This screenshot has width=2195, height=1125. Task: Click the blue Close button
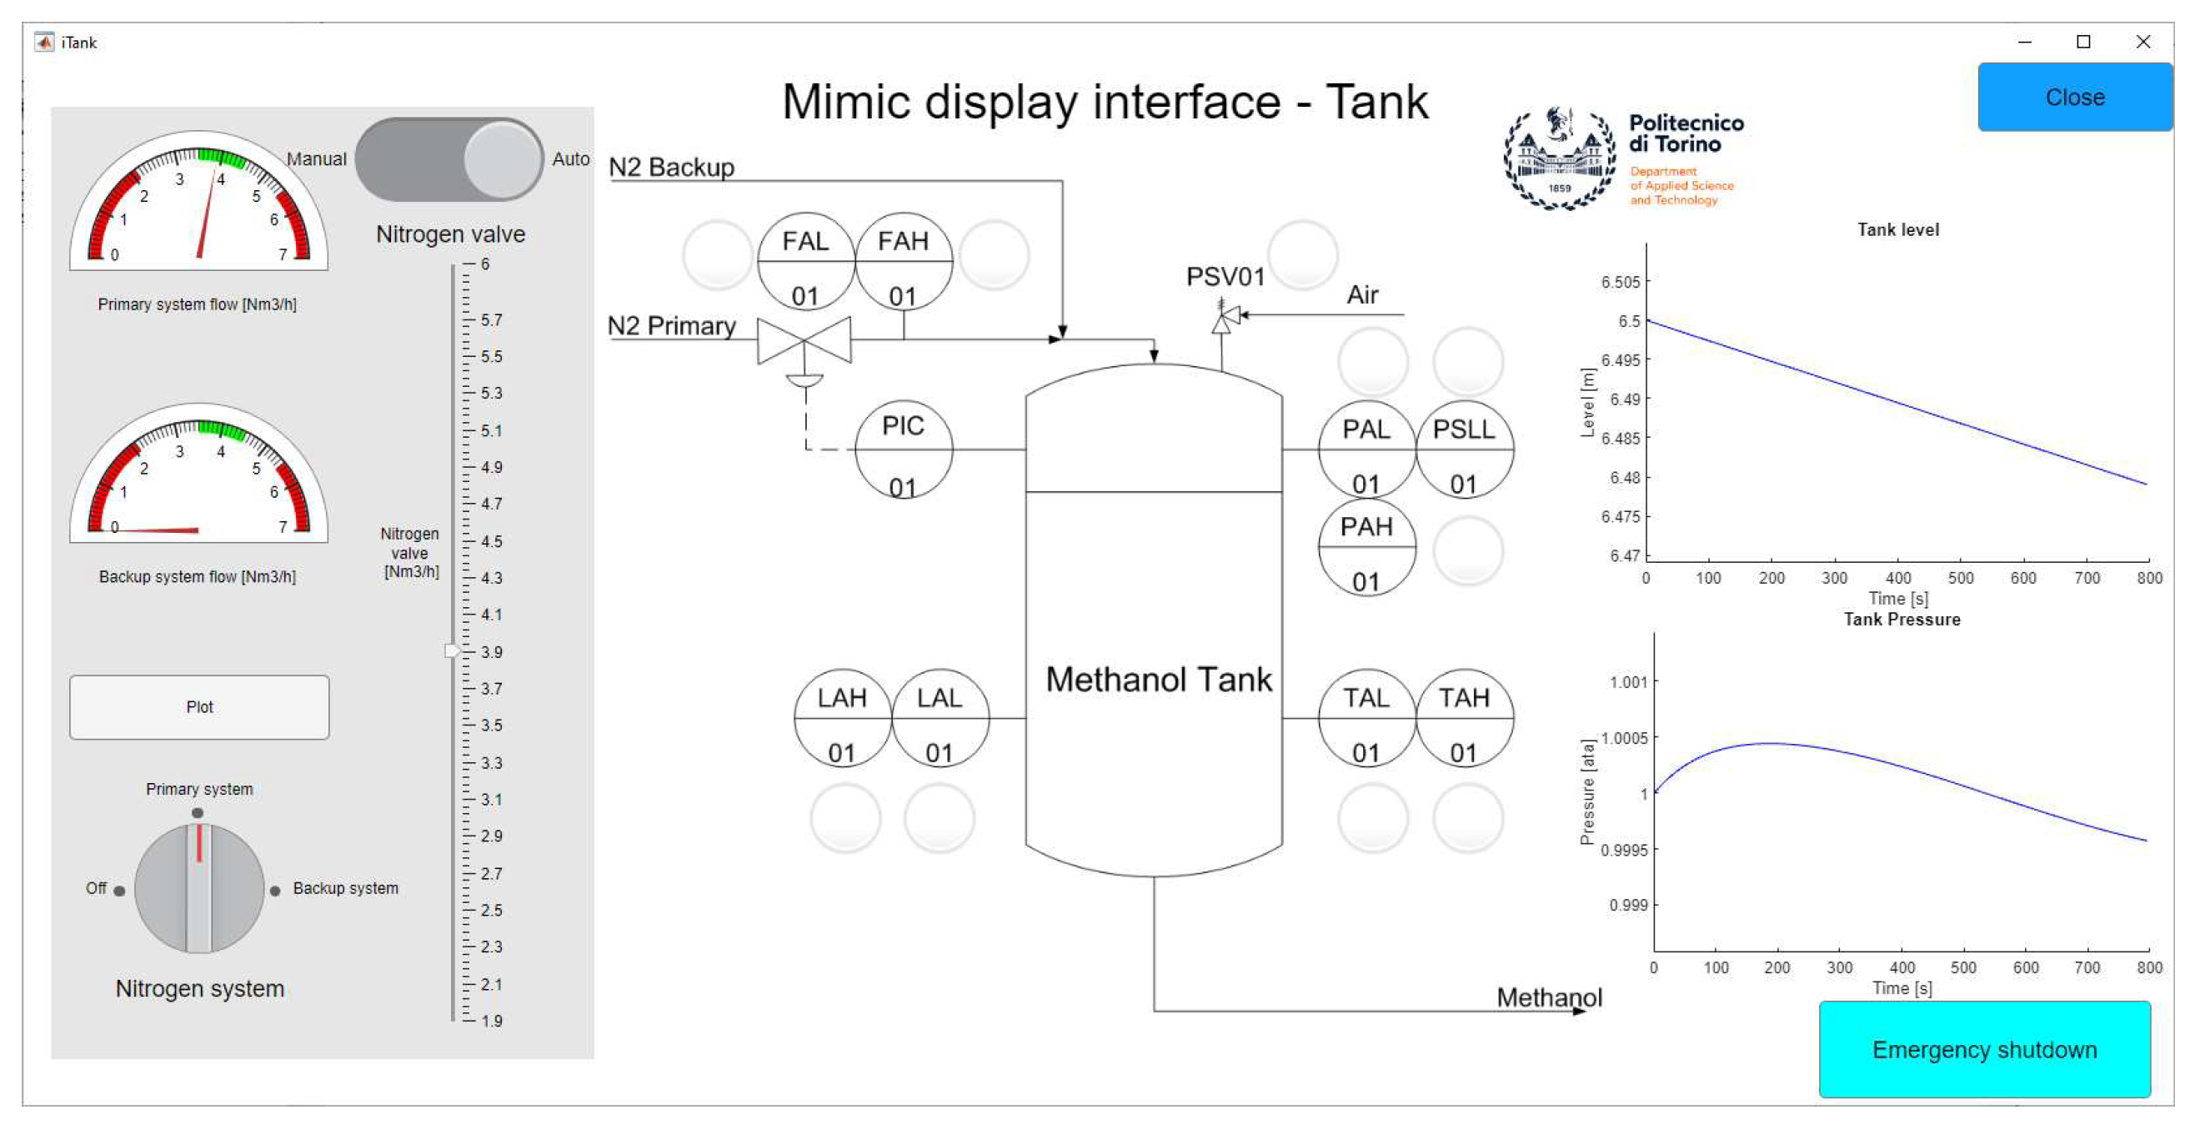pos(2074,98)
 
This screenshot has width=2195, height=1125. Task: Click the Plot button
pos(199,706)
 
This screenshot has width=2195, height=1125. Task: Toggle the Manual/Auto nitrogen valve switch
pos(449,159)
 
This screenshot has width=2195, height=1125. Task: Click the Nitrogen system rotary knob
pos(199,888)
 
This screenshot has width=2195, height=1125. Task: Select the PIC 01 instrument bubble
pos(903,449)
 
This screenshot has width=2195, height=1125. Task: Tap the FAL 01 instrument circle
pos(805,262)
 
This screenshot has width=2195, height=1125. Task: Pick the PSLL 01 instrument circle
pos(1464,449)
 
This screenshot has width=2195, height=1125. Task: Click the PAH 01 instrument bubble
pos(1366,547)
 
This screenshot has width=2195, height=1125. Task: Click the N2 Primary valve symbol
pos(804,340)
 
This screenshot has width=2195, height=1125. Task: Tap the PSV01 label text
pos(1225,277)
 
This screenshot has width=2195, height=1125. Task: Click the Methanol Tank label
pos(1158,680)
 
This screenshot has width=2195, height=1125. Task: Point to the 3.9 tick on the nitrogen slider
pos(492,652)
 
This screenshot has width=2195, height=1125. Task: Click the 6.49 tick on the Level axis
pos(1625,399)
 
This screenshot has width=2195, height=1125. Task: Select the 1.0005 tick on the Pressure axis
pos(1623,738)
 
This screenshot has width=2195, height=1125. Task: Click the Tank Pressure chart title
pos(1901,620)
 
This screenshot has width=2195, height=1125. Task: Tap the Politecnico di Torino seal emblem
pos(1558,159)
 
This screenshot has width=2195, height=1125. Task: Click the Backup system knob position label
pos(345,888)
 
